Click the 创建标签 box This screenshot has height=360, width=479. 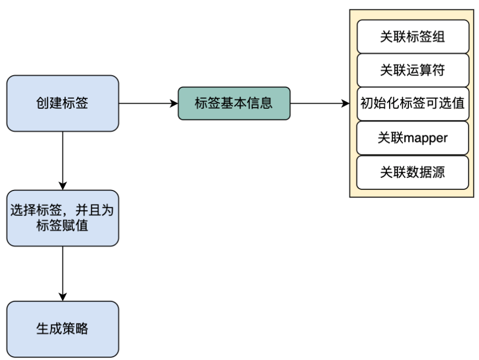click(x=62, y=103)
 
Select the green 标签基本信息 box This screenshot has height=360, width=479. click(x=234, y=103)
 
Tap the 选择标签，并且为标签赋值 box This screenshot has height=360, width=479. click(x=62, y=218)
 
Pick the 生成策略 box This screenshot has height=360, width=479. click(x=62, y=329)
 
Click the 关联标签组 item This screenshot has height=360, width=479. click(x=413, y=36)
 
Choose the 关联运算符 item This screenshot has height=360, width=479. click(x=413, y=70)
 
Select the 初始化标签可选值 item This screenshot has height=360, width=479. click(x=413, y=104)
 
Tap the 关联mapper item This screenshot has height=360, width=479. click(x=412, y=138)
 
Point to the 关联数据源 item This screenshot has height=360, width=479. click(x=412, y=172)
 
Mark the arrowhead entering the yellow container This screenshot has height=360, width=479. click(x=346, y=103)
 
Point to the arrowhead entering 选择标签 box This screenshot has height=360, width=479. click(x=62, y=186)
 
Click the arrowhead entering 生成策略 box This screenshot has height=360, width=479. click(x=62, y=297)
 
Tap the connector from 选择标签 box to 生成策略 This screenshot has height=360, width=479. click(x=62, y=273)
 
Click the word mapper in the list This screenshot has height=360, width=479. click(x=425, y=139)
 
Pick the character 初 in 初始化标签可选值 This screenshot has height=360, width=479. click(x=366, y=103)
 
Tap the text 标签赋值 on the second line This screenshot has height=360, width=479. click(x=62, y=226)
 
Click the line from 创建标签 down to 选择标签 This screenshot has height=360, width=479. click(x=62, y=161)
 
